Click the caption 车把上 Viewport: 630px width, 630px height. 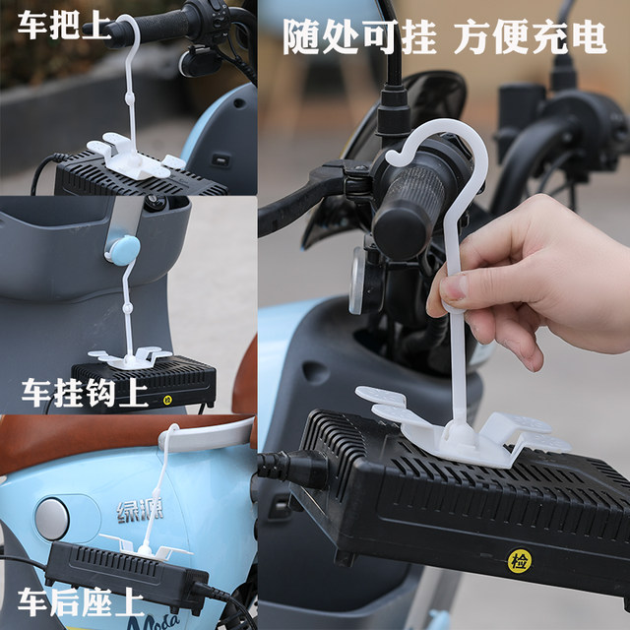pyautogui.click(x=64, y=25)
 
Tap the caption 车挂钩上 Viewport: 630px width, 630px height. pyautogui.click(x=86, y=393)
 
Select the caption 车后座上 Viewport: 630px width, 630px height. pyautogui.click(x=81, y=601)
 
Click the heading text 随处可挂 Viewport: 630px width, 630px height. pyautogui.click(x=359, y=37)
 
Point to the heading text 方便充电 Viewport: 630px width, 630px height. pyautogui.click(x=531, y=37)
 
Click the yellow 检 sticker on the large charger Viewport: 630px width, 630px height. pyautogui.click(x=520, y=561)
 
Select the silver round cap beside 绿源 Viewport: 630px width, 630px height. pyautogui.click(x=52, y=519)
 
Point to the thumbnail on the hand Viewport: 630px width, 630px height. pyautogui.click(x=453, y=286)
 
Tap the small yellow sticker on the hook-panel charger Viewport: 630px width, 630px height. pyautogui.click(x=167, y=401)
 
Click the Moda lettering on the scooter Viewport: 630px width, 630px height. pyautogui.click(x=155, y=621)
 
